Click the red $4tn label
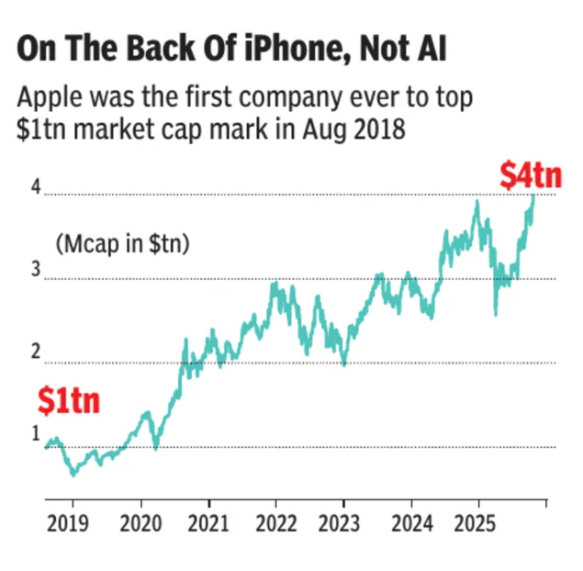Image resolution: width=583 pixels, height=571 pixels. point(530,175)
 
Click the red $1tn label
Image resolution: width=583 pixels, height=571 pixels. point(68,401)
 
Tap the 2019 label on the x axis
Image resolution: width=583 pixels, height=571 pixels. point(68,525)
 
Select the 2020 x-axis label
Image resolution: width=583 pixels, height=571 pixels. point(141,525)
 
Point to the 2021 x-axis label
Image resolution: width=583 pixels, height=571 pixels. point(209,525)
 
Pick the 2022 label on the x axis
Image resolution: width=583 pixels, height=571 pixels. point(276,525)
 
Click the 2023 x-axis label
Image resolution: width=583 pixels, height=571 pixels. point(343,525)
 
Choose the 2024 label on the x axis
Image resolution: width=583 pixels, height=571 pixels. point(410,525)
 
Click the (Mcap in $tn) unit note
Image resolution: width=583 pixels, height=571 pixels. point(122,244)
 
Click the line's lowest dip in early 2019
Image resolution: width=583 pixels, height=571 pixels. point(73,475)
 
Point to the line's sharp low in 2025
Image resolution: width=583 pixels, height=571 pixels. point(496,315)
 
